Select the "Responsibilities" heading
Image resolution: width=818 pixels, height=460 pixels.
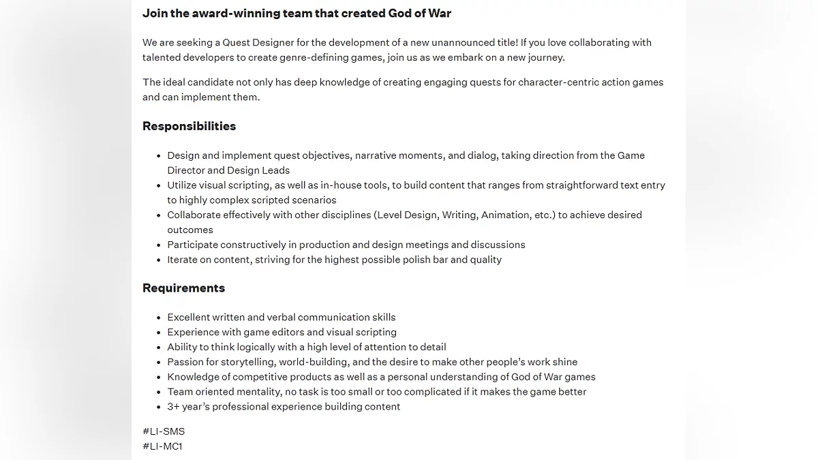(x=189, y=126)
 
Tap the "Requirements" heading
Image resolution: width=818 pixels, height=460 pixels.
(x=183, y=288)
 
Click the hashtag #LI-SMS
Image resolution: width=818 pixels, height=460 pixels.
(x=164, y=431)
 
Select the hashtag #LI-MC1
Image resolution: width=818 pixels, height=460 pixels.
(x=162, y=446)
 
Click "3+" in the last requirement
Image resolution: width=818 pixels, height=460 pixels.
(x=174, y=407)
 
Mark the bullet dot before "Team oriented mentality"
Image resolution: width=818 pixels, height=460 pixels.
(x=159, y=392)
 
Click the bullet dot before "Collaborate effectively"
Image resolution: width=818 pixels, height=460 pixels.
(x=159, y=215)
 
